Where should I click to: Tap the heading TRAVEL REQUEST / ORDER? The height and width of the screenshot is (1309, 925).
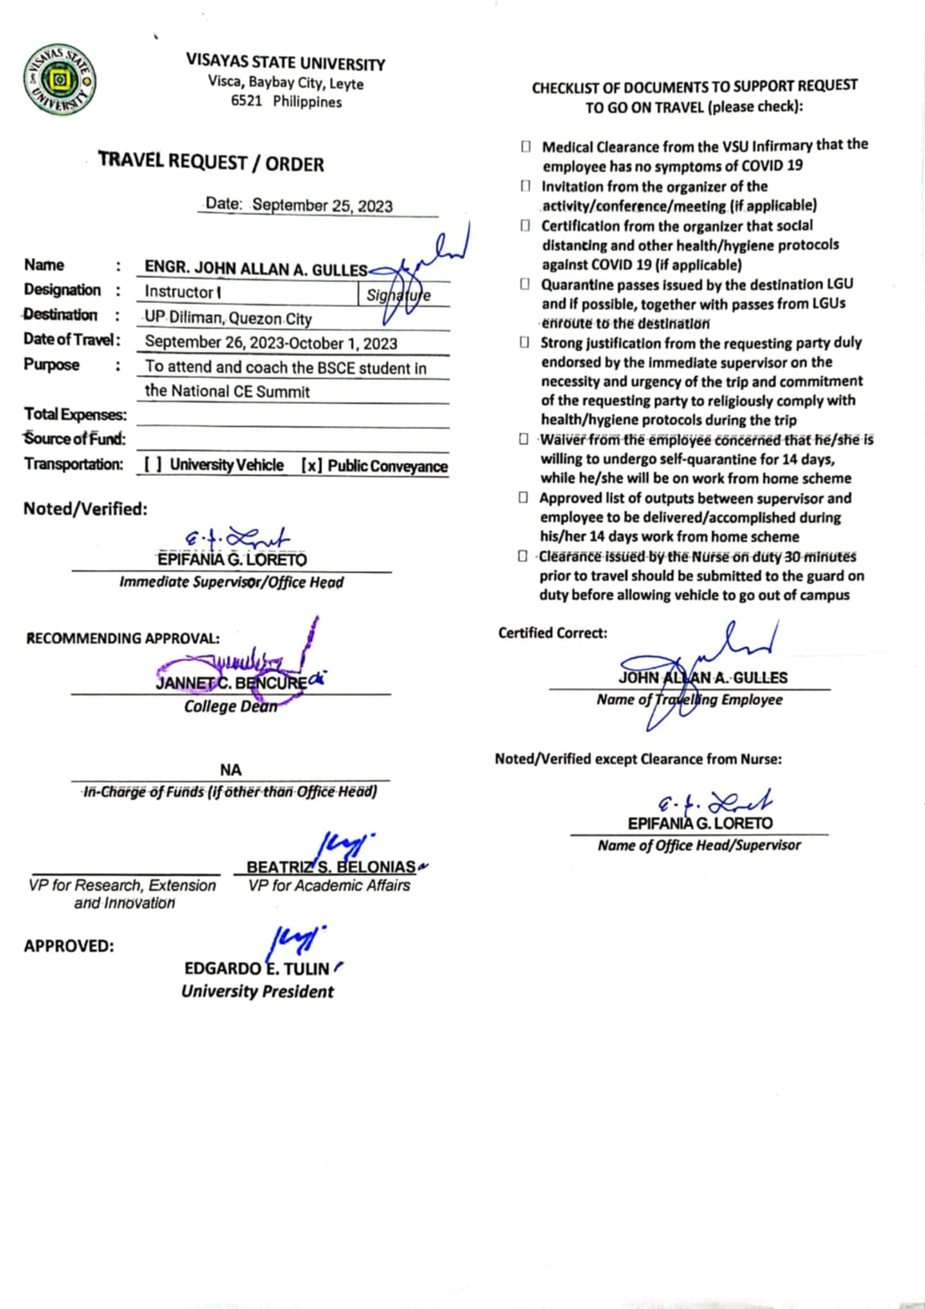pos(211,162)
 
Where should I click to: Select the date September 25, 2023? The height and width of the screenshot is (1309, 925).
pos(322,206)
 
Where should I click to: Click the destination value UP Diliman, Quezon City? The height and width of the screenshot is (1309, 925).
pos(228,318)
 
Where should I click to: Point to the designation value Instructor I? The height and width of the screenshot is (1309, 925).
pos(183,292)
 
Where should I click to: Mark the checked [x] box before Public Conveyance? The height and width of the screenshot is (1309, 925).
pos(311,466)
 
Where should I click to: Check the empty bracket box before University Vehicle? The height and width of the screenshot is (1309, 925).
pos(152,465)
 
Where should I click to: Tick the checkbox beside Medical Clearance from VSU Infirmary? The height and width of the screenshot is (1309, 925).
pos(525,147)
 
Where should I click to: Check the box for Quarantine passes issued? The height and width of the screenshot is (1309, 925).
pos(525,285)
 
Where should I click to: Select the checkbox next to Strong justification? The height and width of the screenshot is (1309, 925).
pos(524,343)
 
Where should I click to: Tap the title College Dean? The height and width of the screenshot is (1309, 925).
pos(231,707)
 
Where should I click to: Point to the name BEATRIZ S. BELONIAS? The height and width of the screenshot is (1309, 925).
pos(331,867)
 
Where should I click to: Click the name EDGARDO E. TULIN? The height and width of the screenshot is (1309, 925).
pos(256,969)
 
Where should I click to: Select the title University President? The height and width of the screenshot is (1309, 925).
pos(257,992)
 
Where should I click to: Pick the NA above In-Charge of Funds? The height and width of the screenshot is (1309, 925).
pos(231,770)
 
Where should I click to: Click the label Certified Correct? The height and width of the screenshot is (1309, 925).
pos(552,633)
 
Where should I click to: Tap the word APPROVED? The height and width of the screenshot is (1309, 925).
pos(69,946)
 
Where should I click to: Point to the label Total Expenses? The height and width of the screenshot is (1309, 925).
pos(75,415)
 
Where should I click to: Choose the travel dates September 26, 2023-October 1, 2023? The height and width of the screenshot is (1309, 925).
pos(271,343)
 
